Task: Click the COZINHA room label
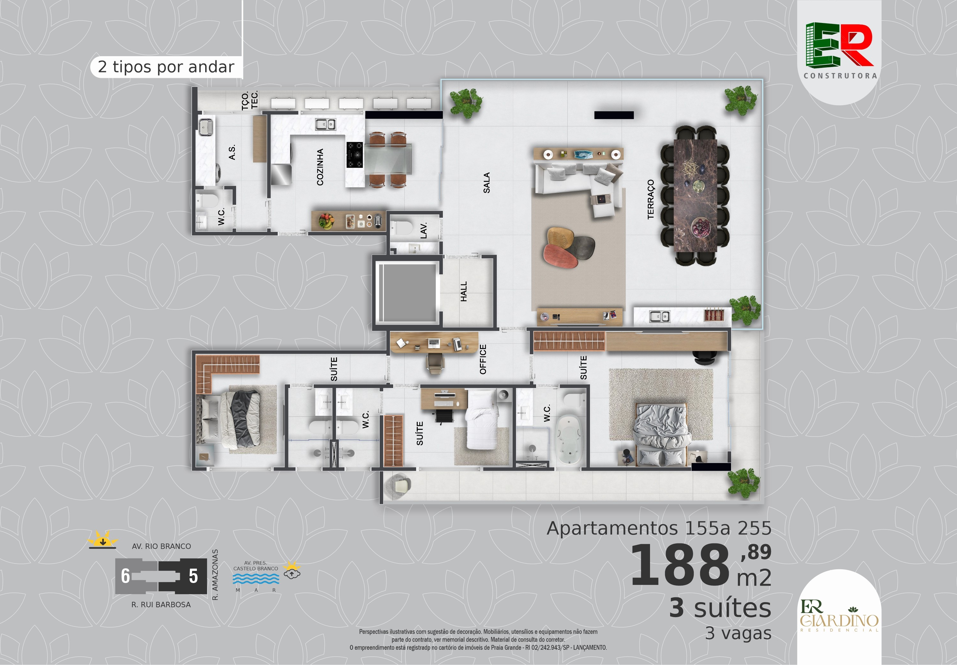click(320, 167)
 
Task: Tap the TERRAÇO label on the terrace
click(650, 199)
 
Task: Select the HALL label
click(464, 292)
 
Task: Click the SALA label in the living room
click(486, 183)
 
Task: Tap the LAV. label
click(424, 231)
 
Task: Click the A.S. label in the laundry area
click(232, 152)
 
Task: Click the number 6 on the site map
click(125, 576)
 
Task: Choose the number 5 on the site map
click(193, 576)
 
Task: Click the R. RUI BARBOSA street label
click(161, 605)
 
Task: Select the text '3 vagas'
click(738, 633)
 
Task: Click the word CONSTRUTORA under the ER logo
click(840, 76)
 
